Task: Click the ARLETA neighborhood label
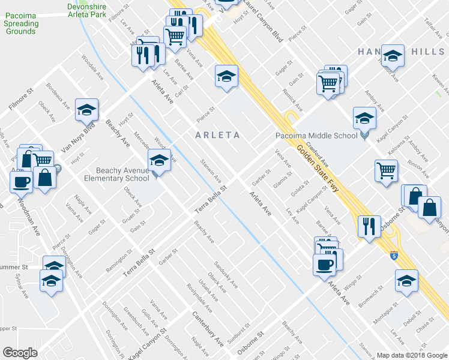click(217, 135)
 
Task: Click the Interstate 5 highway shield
click(394, 255)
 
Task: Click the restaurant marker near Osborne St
click(367, 227)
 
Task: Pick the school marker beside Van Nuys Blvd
click(87, 110)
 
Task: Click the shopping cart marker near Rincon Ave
click(386, 170)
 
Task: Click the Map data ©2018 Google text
click(412, 355)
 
